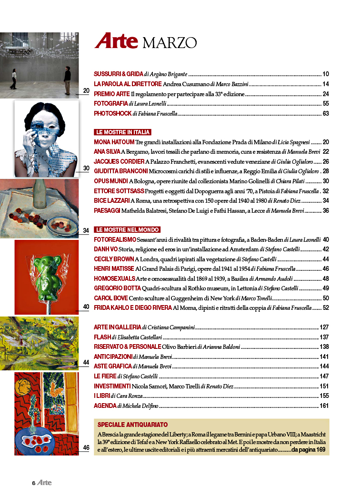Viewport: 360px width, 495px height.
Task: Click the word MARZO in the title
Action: (170, 43)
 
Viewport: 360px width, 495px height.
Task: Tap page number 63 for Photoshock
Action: (326, 113)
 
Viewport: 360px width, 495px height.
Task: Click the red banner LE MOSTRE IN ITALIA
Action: (123, 132)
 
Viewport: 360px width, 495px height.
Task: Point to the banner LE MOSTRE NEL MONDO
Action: (127, 229)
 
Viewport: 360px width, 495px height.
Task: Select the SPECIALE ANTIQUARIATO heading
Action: (132, 425)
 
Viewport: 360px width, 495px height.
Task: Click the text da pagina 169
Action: (308, 450)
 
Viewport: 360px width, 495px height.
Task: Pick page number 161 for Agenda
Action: (324, 406)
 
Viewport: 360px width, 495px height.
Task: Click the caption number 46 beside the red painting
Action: (86, 447)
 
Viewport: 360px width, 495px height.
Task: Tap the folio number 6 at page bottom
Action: (34, 483)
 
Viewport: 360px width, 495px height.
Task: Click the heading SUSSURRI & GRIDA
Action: (118, 74)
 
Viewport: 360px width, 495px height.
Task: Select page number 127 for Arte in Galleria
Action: (324, 327)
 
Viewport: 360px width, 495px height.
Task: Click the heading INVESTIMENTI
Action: (112, 386)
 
